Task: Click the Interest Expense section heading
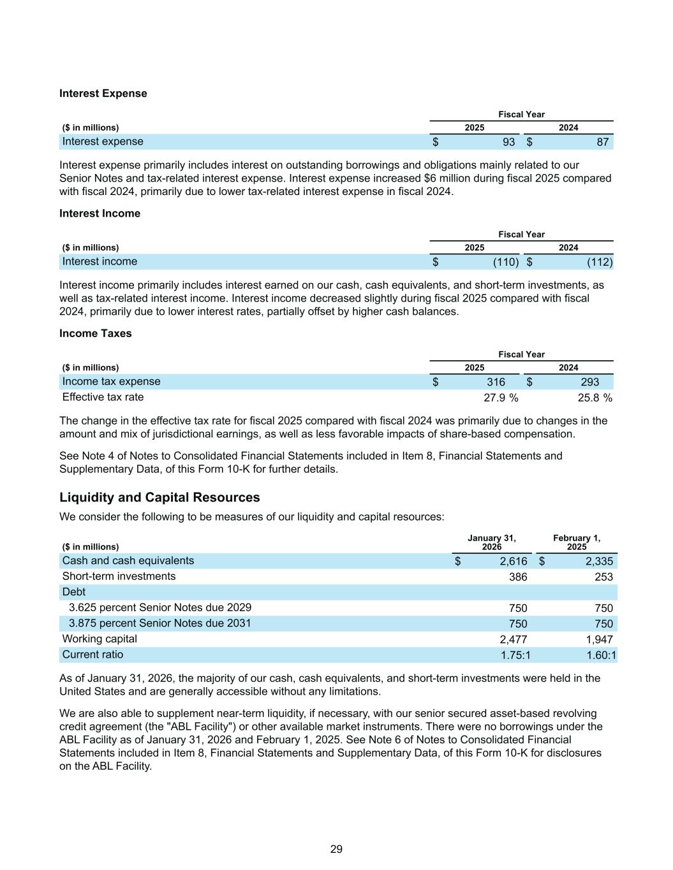103,94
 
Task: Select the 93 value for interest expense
508,141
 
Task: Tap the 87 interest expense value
603,141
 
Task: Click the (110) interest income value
505,262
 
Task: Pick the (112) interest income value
600,262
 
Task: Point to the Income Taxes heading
95,333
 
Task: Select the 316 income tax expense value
496,382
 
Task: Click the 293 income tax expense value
590,382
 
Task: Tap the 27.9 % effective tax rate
501,398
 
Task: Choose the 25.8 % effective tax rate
595,398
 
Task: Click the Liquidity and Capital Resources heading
159,497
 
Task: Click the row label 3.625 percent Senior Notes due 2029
160,607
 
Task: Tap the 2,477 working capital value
513,639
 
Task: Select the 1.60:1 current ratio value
602,655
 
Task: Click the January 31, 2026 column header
491,542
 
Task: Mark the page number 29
336,849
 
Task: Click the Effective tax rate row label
103,397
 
